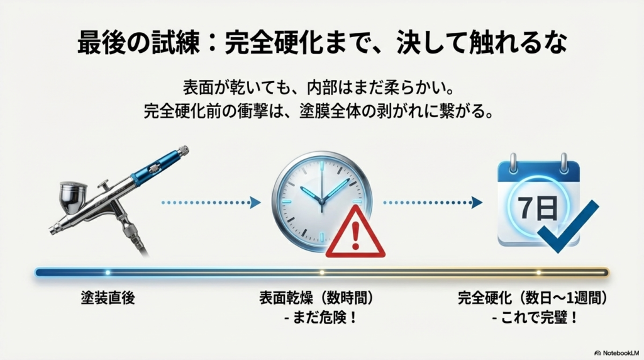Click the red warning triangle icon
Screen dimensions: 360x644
[355, 235]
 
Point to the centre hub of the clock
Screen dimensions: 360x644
[321, 201]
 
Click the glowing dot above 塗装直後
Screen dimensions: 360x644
[108, 273]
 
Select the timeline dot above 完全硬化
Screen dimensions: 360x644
[538, 273]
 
